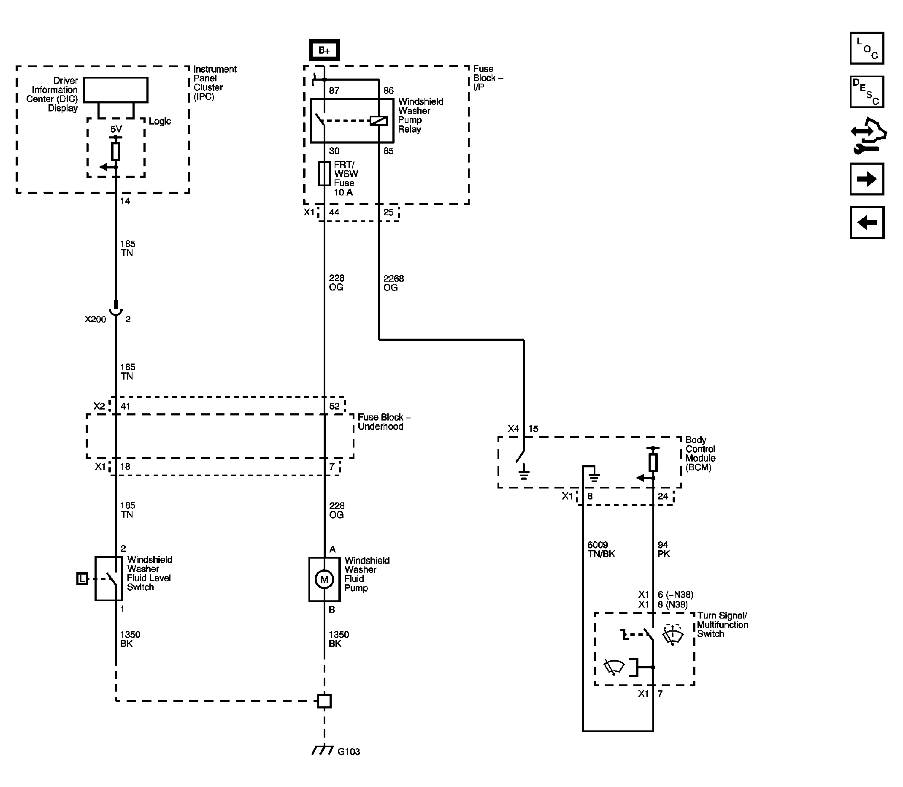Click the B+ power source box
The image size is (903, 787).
pyautogui.click(x=324, y=50)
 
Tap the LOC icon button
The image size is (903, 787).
pyautogui.click(x=867, y=48)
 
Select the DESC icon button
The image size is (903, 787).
pyautogui.click(x=867, y=92)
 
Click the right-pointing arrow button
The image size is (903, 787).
pyautogui.click(x=867, y=179)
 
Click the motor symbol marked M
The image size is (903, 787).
pyautogui.click(x=324, y=579)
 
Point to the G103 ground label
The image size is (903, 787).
pyautogui.click(x=349, y=752)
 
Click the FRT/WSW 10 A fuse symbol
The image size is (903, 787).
pyautogui.click(x=324, y=174)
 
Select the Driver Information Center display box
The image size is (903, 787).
pyautogui.click(x=116, y=90)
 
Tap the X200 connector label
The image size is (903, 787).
pyautogui.click(x=95, y=319)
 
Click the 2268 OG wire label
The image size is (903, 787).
pyautogui.click(x=393, y=283)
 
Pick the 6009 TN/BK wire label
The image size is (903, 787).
pyautogui.click(x=601, y=549)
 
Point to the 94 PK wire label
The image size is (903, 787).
pyautogui.click(x=663, y=549)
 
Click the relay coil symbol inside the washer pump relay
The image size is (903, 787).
pyautogui.click(x=379, y=120)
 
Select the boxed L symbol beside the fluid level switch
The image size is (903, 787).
pyautogui.click(x=82, y=579)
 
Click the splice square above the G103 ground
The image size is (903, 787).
pyautogui.click(x=324, y=701)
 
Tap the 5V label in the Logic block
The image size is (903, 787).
pyautogui.click(x=116, y=129)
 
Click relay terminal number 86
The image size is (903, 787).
pyautogui.click(x=389, y=90)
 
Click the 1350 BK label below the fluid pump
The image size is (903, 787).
pyautogui.click(x=338, y=639)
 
